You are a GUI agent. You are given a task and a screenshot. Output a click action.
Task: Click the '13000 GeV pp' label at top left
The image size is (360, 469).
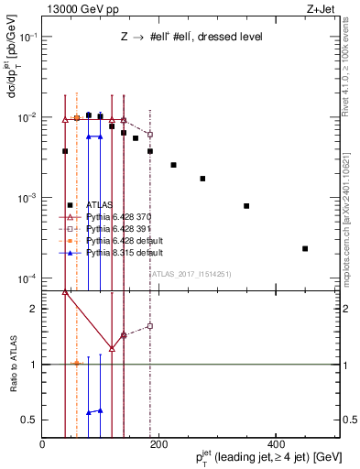tap(73, 9)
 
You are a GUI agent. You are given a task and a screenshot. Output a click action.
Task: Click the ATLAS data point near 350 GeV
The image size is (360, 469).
tap(246, 206)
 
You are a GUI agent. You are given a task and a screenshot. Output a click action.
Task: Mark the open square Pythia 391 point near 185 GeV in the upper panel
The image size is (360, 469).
tap(150, 135)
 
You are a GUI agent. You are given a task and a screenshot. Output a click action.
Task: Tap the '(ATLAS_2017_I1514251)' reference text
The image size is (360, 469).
tap(191, 273)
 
